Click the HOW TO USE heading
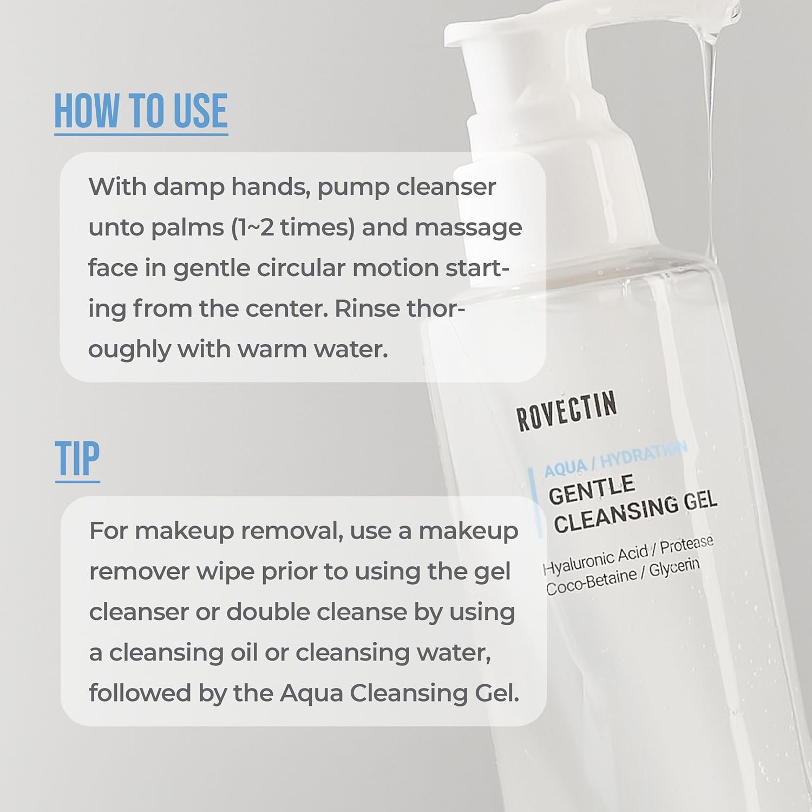point(141,111)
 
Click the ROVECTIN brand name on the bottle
point(566,411)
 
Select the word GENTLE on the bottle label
point(591,489)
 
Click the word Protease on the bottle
point(686,545)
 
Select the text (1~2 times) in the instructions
point(293,228)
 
